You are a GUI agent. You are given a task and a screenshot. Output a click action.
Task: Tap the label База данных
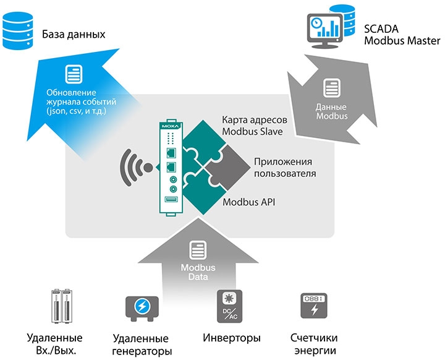click(74, 35)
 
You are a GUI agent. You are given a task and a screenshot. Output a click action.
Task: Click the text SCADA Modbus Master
click(402, 35)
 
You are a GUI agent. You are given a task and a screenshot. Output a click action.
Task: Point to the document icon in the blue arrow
click(74, 76)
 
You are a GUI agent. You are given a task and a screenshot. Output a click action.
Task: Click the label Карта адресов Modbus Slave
click(251, 125)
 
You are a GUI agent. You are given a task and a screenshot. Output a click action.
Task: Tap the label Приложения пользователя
click(284, 168)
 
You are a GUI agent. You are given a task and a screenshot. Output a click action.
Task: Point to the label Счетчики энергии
click(314, 344)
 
